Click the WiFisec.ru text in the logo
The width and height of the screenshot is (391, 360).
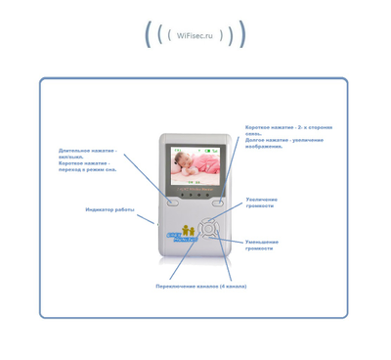(195, 34)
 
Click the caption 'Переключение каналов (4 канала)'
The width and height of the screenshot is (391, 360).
(200, 287)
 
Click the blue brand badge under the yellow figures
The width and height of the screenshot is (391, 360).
(177, 241)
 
